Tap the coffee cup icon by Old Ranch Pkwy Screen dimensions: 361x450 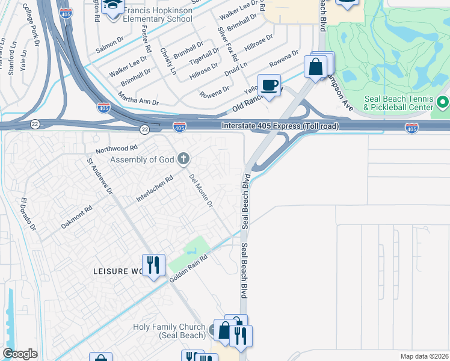tap(269, 84)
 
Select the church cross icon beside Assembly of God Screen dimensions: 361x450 tap(183, 159)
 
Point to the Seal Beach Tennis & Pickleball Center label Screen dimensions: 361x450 tap(398, 103)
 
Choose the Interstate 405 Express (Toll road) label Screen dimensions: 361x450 tap(280, 126)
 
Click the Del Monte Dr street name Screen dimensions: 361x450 tap(202, 191)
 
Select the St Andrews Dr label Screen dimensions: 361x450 tap(100, 176)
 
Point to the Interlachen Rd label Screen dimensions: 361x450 tap(155, 188)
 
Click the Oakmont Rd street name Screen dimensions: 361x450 tap(76, 218)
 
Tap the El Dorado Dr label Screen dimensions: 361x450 tap(29, 214)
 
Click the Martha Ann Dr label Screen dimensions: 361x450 tap(138, 103)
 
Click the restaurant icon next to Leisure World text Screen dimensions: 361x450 tap(153, 265)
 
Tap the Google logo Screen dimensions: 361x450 tap(20, 353)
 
